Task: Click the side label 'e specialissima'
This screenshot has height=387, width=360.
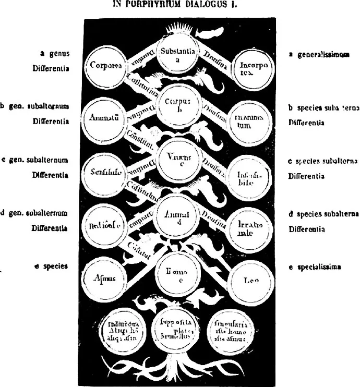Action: point(315,267)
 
